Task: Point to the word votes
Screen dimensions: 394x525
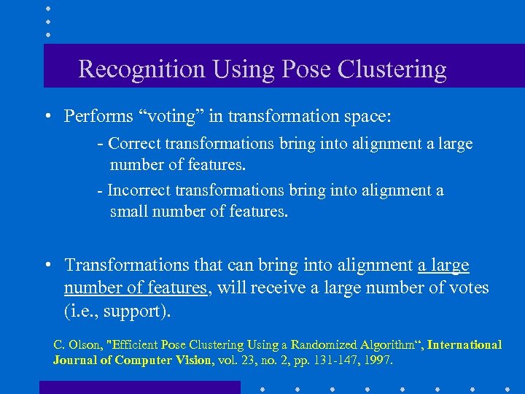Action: [x=468, y=287]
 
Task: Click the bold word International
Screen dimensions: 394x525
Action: [x=464, y=344]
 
